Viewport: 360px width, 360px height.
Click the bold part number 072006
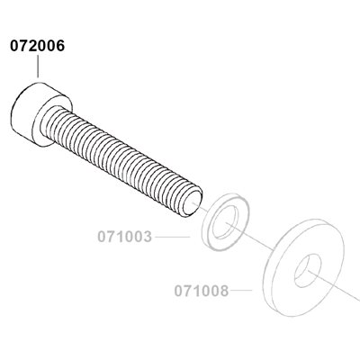pos(38,46)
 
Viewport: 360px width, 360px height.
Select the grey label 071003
pos(124,237)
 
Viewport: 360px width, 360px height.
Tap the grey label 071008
pos(202,291)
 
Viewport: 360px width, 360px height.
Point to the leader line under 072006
pos(38,67)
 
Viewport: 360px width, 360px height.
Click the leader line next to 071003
pos(173,237)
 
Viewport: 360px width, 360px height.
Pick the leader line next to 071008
pos(241,290)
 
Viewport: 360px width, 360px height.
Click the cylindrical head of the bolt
pos(41,115)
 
